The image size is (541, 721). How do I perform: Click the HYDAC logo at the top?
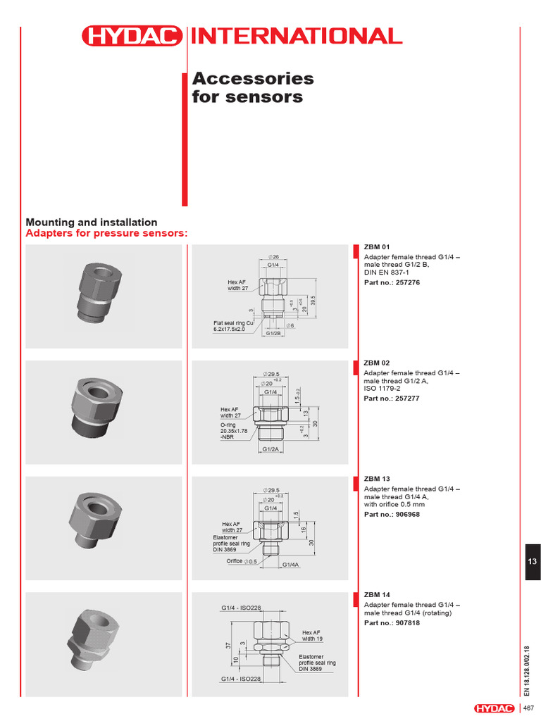pyautogui.click(x=132, y=36)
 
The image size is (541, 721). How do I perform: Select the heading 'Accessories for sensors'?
pyautogui.click(x=253, y=87)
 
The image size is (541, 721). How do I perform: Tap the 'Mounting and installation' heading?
pyautogui.click(x=92, y=222)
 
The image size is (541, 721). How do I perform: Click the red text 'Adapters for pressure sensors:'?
pyautogui.click(x=107, y=233)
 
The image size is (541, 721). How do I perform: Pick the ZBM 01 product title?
pyautogui.click(x=376, y=248)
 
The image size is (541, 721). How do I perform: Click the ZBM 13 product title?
pyautogui.click(x=376, y=479)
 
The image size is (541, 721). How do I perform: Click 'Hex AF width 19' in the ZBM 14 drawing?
pyautogui.click(x=313, y=635)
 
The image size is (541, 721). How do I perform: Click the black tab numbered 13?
pyautogui.click(x=533, y=560)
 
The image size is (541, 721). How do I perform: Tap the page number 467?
pyautogui.click(x=528, y=708)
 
